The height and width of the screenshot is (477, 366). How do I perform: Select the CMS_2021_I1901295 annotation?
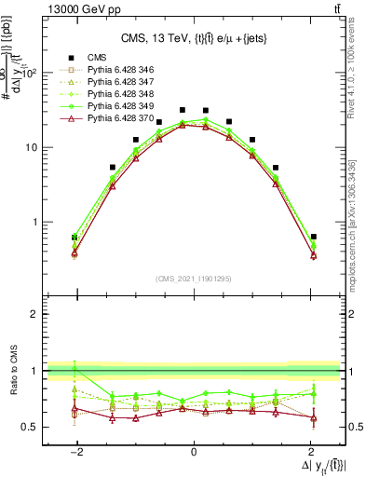(x=193, y=279)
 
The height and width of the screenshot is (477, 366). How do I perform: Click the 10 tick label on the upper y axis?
(x=30, y=148)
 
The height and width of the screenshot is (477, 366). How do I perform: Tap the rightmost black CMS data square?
(x=314, y=237)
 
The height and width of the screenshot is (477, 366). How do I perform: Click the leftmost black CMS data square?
(x=75, y=237)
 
